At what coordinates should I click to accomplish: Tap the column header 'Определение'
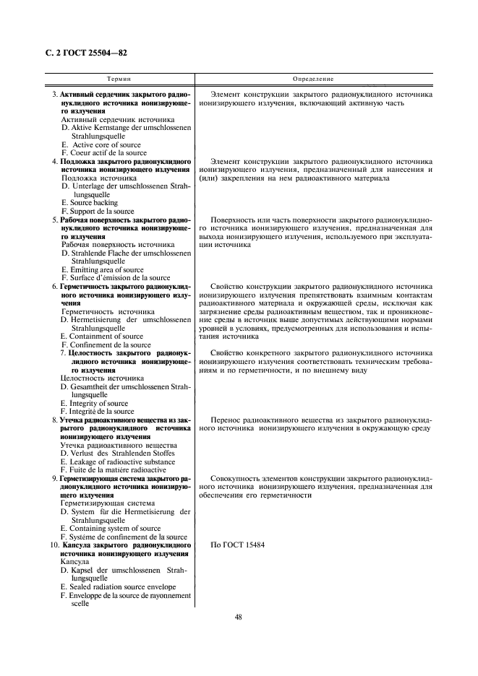click(x=312, y=78)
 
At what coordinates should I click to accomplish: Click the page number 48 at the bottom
click(x=239, y=617)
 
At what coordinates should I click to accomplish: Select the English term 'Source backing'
click(x=92, y=203)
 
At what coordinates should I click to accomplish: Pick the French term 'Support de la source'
click(x=98, y=212)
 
